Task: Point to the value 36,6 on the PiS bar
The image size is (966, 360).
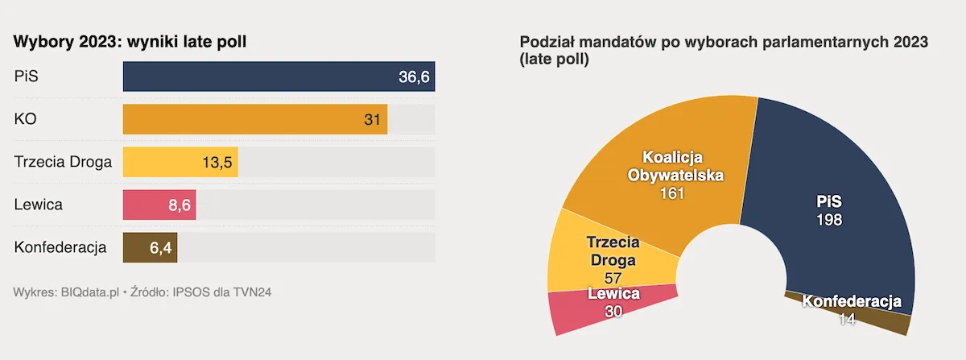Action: (x=414, y=77)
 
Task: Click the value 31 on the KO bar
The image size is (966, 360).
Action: (x=372, y=119)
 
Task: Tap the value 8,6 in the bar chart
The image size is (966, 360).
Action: (x=179, y=205)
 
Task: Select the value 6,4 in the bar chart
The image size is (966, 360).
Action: (x=160, y=247)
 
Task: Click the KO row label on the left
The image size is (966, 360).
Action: (x=26, y=119)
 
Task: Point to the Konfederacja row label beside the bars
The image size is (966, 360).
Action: (x=60, y=247)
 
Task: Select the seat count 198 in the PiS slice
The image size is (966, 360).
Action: (x=828, y=219)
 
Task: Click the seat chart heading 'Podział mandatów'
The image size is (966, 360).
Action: (x=724, y=42)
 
